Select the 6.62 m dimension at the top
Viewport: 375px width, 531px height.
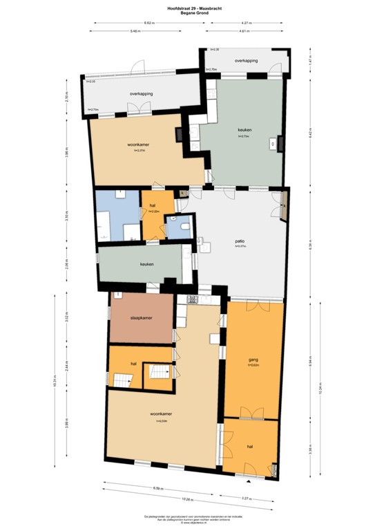click(148, 24)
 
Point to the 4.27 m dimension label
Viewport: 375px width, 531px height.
click(245, 24)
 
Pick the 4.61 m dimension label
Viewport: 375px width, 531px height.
click(244, 31)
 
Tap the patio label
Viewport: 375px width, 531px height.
click(240, 241)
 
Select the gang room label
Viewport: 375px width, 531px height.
click(253, 360)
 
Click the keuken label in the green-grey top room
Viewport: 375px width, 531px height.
click(244, 130)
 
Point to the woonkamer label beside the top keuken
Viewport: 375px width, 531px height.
click(140, 144)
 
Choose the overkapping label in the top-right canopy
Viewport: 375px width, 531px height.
click(246, 61)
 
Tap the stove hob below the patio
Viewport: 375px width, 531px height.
click(191, 299)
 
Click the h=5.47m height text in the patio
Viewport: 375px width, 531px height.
click(240, 246)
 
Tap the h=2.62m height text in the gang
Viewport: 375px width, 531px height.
click(253, 365)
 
